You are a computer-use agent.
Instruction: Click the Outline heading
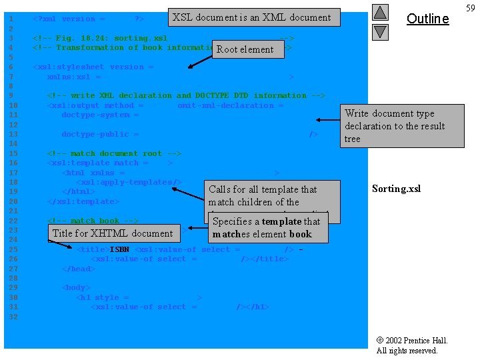(x=427, y=19)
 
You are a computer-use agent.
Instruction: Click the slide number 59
(x=471, y=8)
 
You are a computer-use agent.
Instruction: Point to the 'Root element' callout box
(x=245, y=49)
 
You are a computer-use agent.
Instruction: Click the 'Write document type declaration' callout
(x=402, y=126)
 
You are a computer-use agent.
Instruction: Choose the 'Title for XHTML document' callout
(x=113, y=233)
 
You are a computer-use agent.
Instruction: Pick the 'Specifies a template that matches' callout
(x=267, y=227)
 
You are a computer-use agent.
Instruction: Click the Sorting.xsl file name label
(x=397, y=189)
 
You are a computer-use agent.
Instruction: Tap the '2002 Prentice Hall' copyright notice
(x=412, y=345)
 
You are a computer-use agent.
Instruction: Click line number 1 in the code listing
(x=11, y=19)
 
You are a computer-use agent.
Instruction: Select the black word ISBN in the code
(x=120, y=249)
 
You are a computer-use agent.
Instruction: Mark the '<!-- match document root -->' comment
(x=114, y=153)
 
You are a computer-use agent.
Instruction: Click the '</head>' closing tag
(x=79, y=269)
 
